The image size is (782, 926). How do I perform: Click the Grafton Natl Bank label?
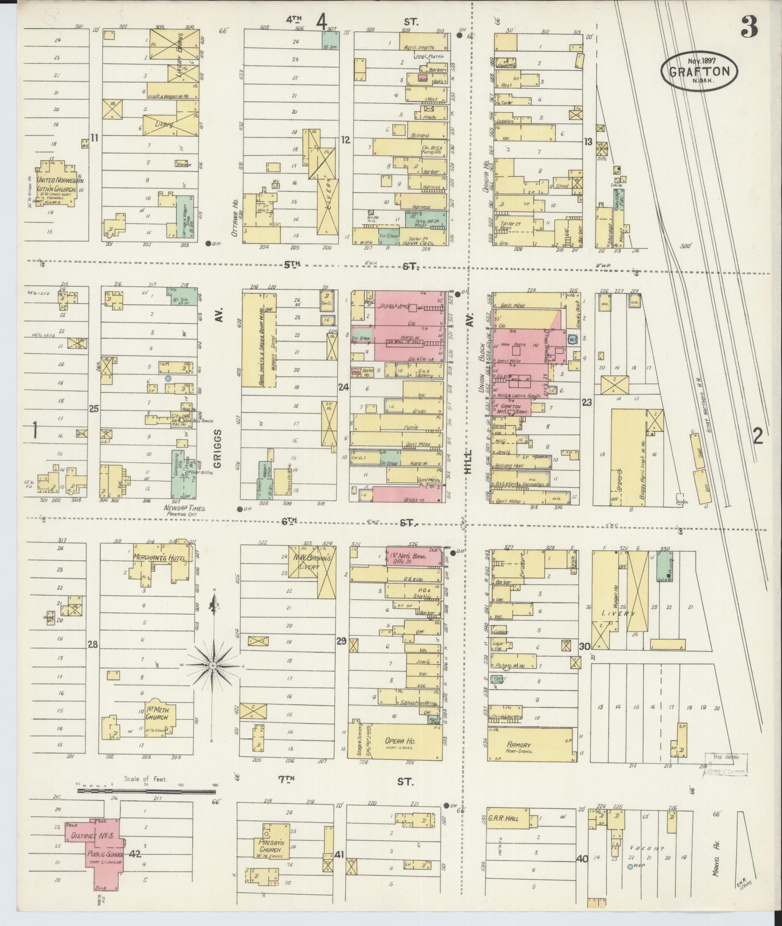coord(511,409)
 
